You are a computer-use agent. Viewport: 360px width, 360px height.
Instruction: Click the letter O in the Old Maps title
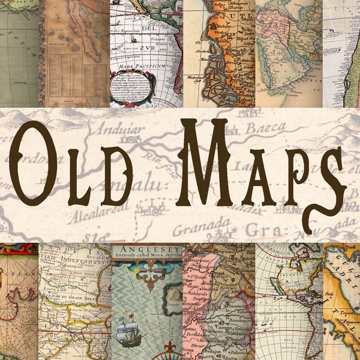tap(35, 163)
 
